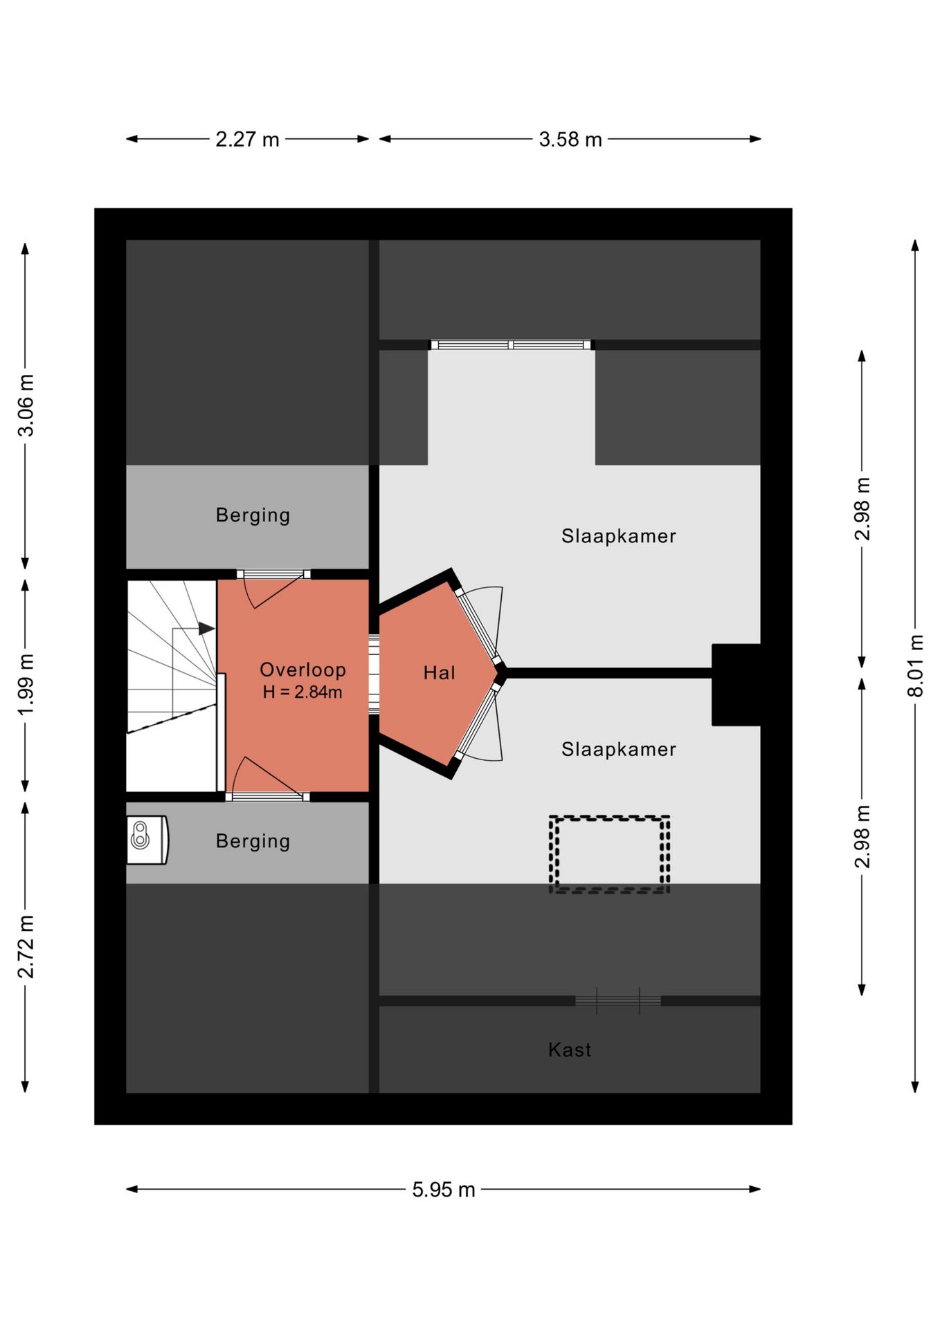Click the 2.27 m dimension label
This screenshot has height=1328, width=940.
(x=247, y=140)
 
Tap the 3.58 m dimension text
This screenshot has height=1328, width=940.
(x=570, y=140)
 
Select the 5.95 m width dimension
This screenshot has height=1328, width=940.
(x=444, y=1190)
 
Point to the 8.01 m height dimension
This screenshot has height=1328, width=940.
(x=915, y=665)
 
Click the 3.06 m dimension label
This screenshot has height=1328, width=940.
(x=26, y=405)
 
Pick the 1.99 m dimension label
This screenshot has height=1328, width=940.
(x=26, y=685)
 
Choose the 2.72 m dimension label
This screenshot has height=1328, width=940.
(x=26, y=947)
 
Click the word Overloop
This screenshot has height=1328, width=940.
(x=302, y=670)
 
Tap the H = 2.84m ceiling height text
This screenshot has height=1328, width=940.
(x=302, y=692)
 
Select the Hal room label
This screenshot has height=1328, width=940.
(x=440, y=673)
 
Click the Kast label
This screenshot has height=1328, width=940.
(x=570, y=1050)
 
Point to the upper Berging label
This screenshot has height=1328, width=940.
(x=253, y=515)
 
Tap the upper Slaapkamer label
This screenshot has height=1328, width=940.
(x=619, y=536)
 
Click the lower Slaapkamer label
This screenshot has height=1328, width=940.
(x=619, y=749)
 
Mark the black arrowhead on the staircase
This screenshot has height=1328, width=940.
(x=206, y=629)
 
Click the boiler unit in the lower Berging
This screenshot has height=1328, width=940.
(x=147, y=840)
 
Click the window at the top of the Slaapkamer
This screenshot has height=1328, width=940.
(x=511, y=344)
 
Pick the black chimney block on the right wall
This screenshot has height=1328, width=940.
(x=736, y=685)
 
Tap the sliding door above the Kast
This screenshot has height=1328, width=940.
(x=618, y=1001)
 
